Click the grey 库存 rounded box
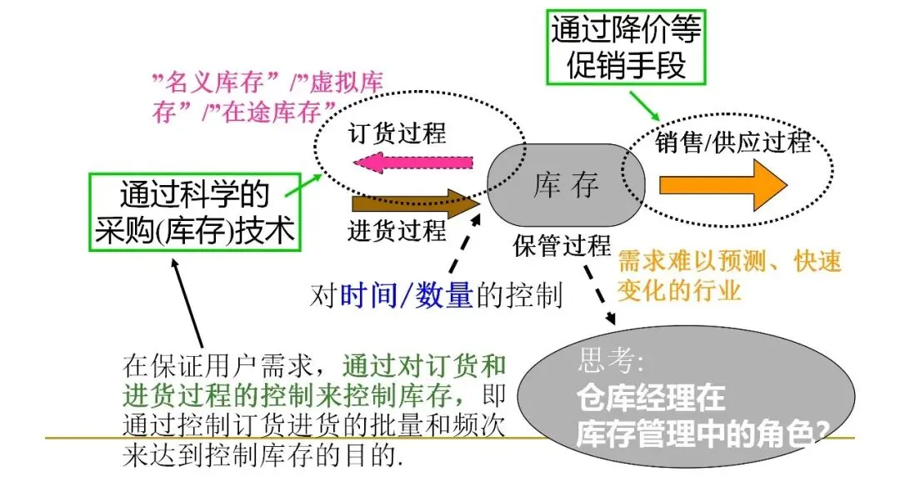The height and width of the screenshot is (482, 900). click(566, 185)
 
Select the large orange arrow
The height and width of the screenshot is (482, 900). click(721, 184)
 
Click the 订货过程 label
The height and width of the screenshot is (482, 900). click(397, 133)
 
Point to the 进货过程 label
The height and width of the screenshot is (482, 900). click(397, 230)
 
